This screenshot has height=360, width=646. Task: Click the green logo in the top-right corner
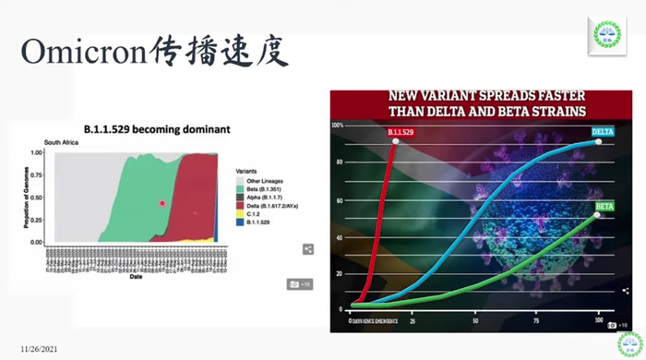pyautogui.click(x=609, y=36)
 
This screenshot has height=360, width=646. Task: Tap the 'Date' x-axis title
pyautogui.click(x=135, y=276)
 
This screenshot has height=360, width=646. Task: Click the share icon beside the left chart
pyautogui.click(x=308, y=248)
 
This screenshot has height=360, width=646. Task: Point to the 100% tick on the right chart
pyautogui.click(x=338, y=125)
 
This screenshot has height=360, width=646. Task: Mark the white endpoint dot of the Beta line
pyautogui.click(x=597, y=215)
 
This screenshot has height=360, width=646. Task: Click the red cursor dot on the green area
pyautogui.click(x=162, y=202)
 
